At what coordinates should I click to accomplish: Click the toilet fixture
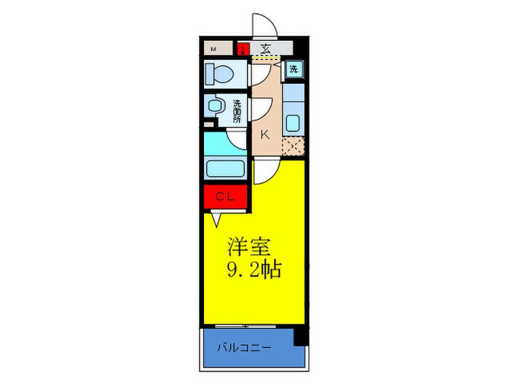(219, 74)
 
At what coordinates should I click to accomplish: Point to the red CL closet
(226, 196)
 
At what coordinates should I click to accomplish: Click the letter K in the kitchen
(264, 134)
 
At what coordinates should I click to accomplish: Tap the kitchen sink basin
(293, 123)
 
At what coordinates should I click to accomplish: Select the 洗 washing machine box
(294, 69)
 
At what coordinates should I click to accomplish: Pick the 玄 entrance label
(265, 49)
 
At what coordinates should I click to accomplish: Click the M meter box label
(214, 50)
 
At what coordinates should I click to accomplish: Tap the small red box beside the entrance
(243, 50)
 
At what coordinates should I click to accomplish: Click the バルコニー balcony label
(244, 347)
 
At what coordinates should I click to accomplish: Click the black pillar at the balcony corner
(300, 336)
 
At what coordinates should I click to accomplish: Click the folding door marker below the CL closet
(216, 217)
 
